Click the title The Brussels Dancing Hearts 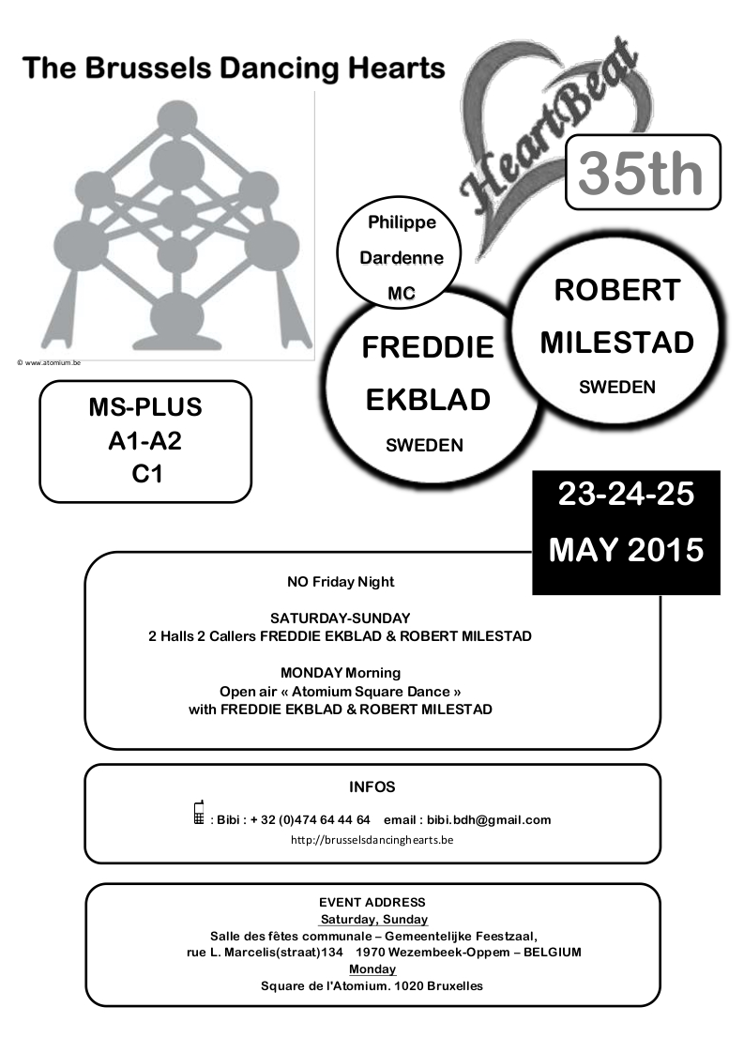[x=234, y=69]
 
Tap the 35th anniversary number [x=641, y=174]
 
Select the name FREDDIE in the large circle [x=428, y=347]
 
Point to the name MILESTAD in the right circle [x=617, y=343]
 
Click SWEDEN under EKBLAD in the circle [x=424, y=445]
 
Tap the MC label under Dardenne [x=402, y=294]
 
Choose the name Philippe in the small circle [x=402, y=222]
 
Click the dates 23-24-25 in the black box [x=626, y=495]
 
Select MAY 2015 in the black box [x=626, y=550]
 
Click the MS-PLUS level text [x=145, y=407]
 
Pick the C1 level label [x=147, y=474]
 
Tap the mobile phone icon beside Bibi [x=199, y=813]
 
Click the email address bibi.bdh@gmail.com [x=489, y=820]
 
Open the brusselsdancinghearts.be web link [x=372, y=840]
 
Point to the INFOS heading [x=372, y=787]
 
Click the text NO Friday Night [x=341, y=582]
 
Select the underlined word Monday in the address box [x=372, y=969]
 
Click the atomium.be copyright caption [x=49, y=362]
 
